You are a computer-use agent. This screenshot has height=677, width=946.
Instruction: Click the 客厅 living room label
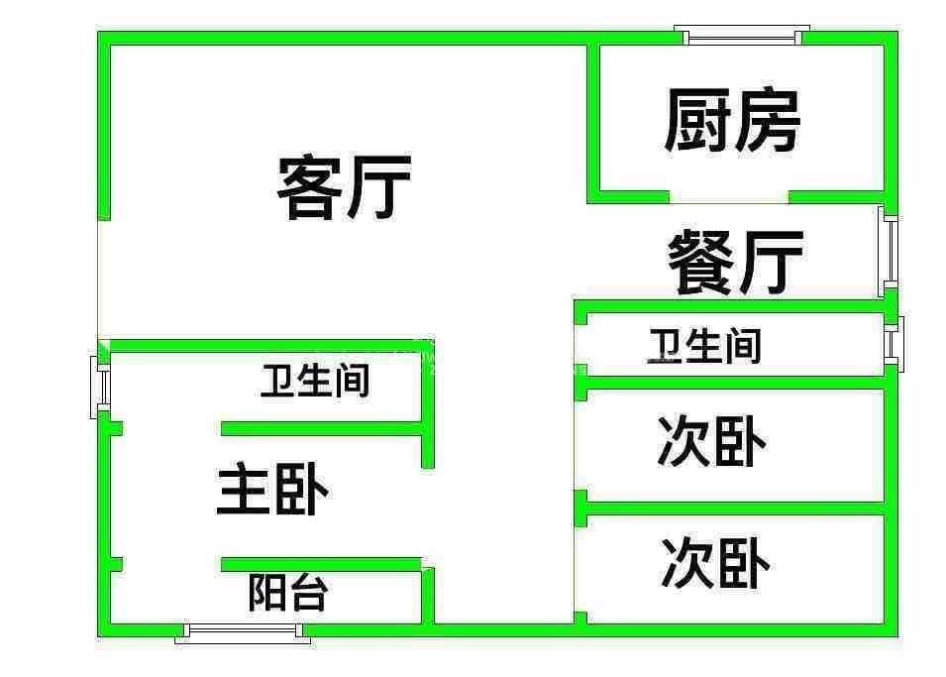[x=344, y=187]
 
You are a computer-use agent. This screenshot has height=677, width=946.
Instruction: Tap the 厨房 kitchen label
[x=731, y=121]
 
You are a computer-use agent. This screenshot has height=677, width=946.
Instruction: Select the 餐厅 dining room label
[x=734, y=262]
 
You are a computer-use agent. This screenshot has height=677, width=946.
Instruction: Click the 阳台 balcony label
[x=287, y=593]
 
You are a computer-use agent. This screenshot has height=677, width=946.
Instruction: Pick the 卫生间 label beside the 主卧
[x=315, y=381]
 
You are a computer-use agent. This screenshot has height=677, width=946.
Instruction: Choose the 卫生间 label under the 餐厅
[x=704, y=346]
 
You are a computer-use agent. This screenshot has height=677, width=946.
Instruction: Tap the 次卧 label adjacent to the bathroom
[x=711, y=441]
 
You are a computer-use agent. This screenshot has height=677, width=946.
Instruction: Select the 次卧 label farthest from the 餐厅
[x=715, y=564]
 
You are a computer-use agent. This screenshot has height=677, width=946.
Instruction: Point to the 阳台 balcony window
[x=243, y=630]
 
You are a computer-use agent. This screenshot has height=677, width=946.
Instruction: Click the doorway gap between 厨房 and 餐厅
[x=729, y=196]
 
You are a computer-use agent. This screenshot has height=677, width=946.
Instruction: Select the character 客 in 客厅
[x=310, y=187]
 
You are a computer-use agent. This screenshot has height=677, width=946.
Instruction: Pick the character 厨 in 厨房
[x=696, y=121]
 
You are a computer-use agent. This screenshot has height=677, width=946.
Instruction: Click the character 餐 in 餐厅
[x=700, y=262]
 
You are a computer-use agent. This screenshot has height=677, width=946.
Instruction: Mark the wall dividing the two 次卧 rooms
[x=733, y=508]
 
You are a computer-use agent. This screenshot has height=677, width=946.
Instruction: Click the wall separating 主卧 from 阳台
[x=322, y=564]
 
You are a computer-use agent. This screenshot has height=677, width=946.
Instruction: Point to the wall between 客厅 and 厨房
[x=593, y=119]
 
